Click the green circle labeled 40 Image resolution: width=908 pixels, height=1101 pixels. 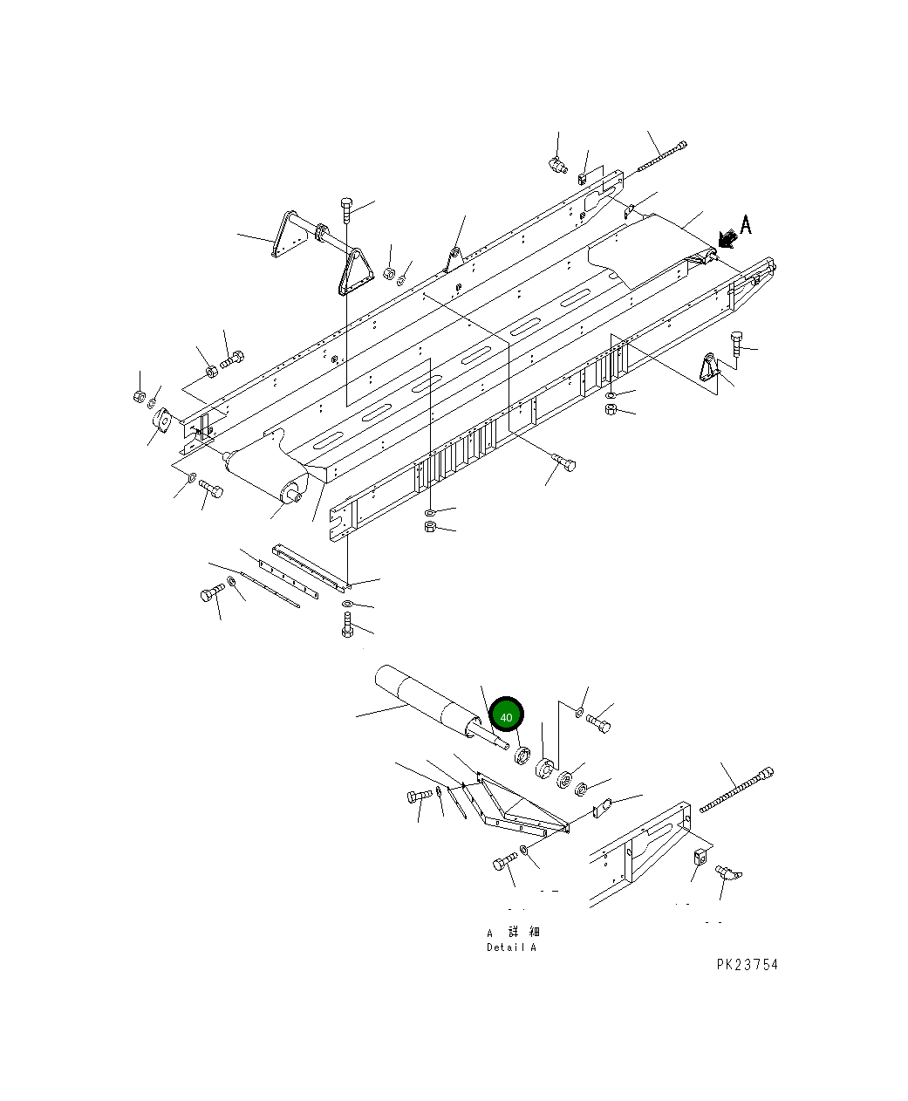point(507,715)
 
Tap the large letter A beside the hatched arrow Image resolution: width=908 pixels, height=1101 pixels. point(745,224)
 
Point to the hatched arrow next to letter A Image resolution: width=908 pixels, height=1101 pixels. point(723,236)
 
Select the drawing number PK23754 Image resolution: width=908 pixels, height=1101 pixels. point(747,964)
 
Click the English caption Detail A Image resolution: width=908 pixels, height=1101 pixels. point(512,947)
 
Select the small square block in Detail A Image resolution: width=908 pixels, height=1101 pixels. point(700,858)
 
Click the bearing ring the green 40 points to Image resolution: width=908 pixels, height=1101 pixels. point(523,755)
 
